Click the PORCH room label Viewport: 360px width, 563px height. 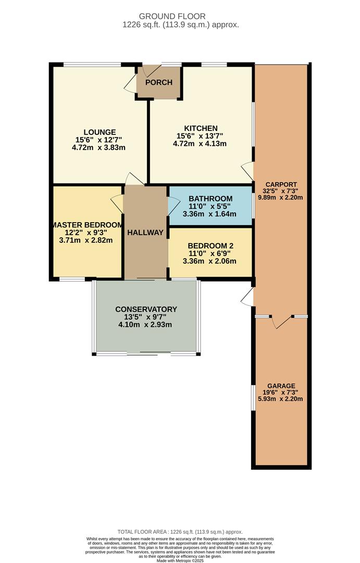[x=159, y=82]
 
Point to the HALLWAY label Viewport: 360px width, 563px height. [x=145, y=232]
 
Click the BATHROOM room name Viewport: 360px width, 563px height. [x=210, y=199]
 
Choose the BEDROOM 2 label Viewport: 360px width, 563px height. [x=210, y=246]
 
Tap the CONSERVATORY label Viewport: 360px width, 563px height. [x=146, y=309]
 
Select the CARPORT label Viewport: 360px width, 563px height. [x=284, y=185]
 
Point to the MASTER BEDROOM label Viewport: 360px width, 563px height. [x=87, y=225]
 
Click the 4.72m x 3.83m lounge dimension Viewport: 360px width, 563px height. [x=98, y=147]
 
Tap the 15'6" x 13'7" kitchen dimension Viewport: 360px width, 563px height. [x=200, y=136]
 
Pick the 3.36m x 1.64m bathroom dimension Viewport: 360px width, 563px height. [x=209, y=214]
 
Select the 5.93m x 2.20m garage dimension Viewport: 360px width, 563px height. [x=280, y=399]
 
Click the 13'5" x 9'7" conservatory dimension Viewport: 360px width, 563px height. [x=145, y=317]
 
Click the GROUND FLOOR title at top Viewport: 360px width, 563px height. [x=172, y=16]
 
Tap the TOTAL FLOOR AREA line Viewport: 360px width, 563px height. [x=180, y=532]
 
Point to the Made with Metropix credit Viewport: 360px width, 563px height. [x=180, y=560]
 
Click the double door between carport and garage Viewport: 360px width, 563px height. [x=281, y=322]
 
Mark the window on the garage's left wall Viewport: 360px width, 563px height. [x=253, y=399]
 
